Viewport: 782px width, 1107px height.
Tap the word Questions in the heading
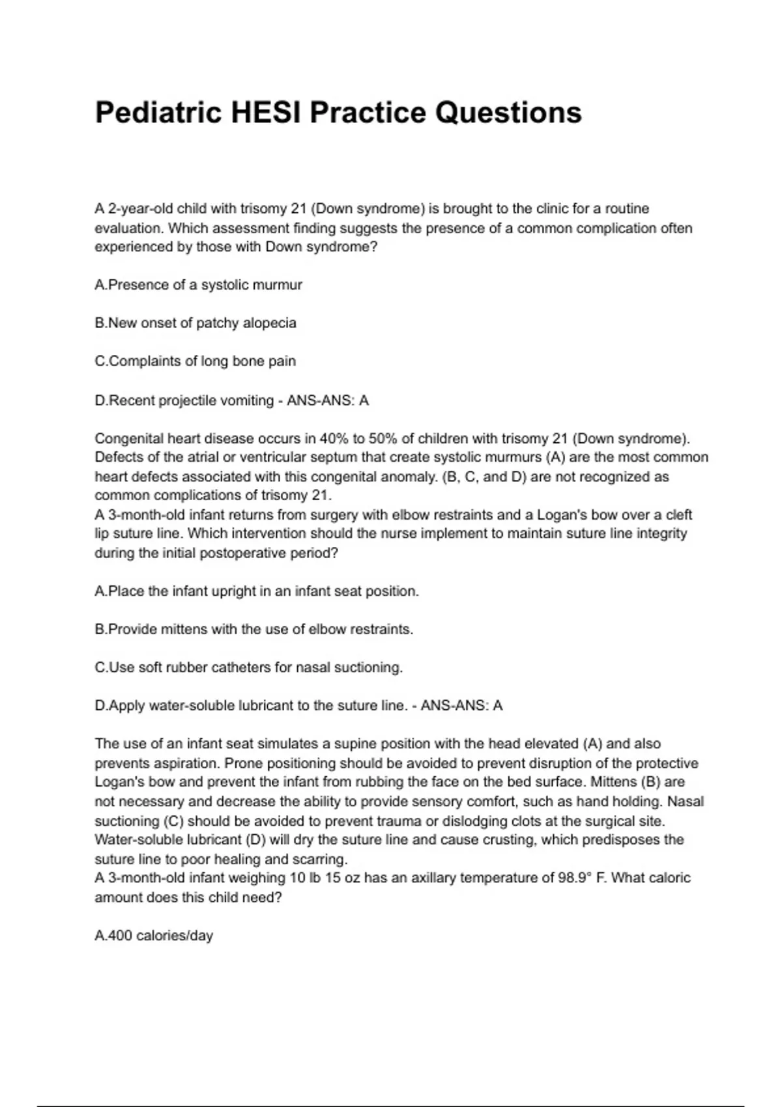[x=508, y=113]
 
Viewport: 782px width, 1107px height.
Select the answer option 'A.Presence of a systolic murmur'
[x=199, y=285]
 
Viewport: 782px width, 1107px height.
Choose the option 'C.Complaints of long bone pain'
[x=195, y=361]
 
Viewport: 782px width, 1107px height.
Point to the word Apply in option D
[x=127, y=706]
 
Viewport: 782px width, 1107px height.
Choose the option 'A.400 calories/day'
[x=154, y=936]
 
